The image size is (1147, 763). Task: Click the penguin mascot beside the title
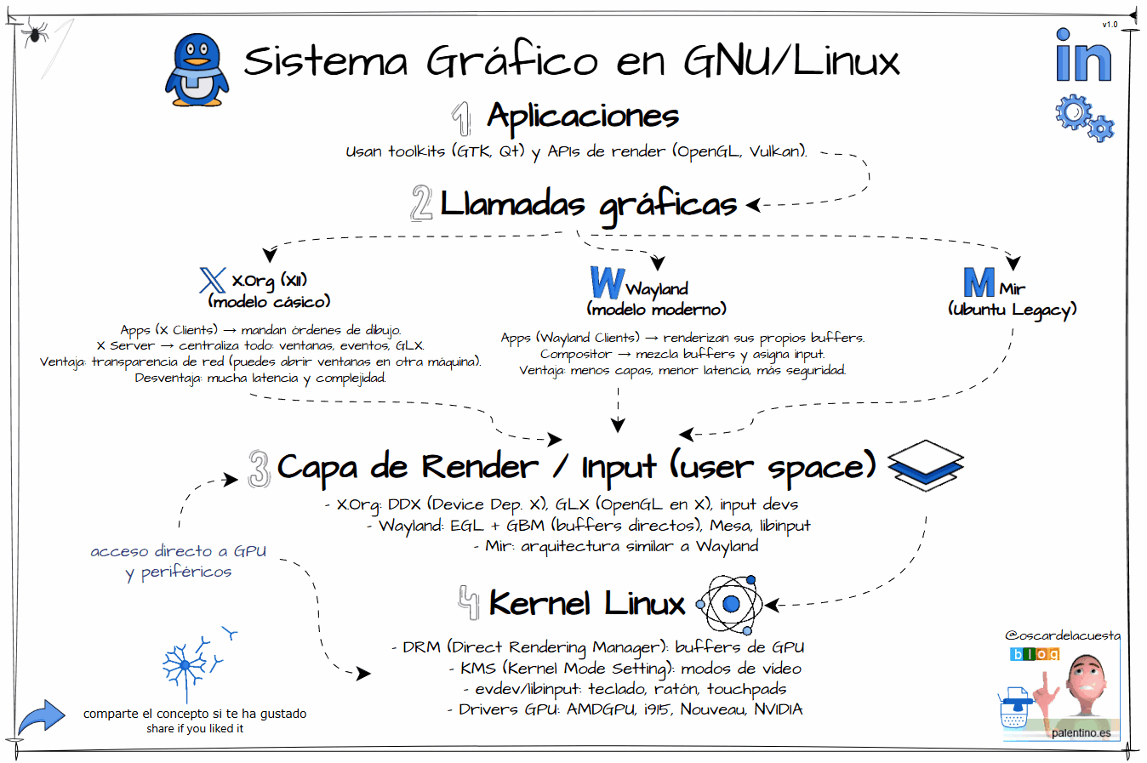(197, 70)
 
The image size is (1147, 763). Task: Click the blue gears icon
(1083, 117)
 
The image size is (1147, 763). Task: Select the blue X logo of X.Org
(212, 280)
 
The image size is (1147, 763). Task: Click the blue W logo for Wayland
(607, 282)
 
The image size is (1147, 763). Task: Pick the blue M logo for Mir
(979, 282)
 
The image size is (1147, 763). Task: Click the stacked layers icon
(925, 464)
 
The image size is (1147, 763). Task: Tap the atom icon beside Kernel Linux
(730, 604)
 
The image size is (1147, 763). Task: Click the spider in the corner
(35, 32)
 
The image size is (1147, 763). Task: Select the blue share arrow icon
(41, 717)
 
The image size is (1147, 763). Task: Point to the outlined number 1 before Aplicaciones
(462, 118)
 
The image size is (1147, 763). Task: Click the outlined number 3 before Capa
(260, 468)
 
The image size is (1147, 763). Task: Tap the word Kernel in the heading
(539, 604)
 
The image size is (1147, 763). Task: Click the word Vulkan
(776, 151)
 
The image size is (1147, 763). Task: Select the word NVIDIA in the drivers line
(778, 709)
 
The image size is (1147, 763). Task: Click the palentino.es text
(1081, 732)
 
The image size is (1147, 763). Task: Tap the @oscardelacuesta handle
(1063, 635)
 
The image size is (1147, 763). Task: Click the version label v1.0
(1110, 25)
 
